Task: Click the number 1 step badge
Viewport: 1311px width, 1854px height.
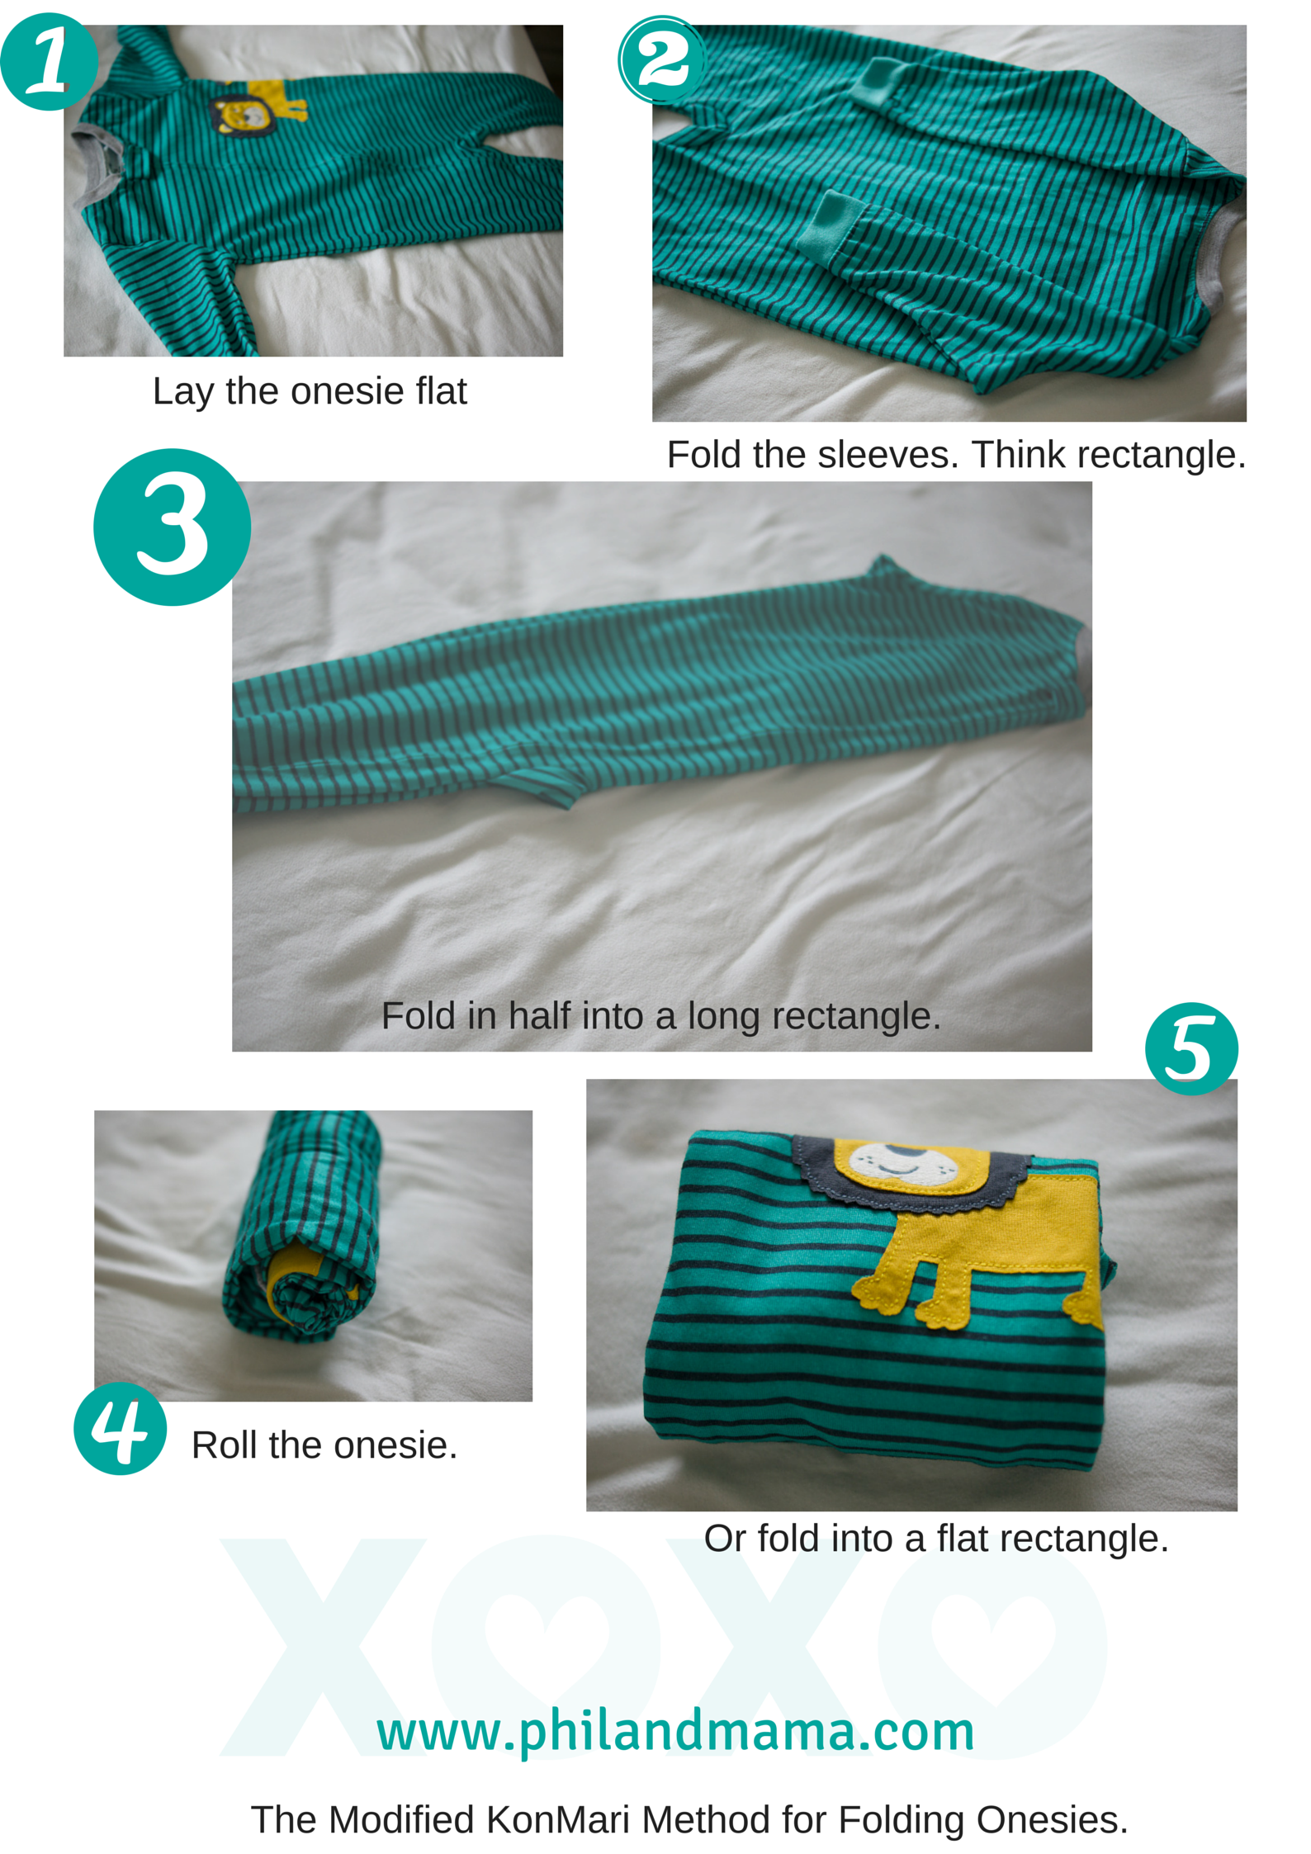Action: [49, 62]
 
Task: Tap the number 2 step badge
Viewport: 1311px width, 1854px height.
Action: [662, 59]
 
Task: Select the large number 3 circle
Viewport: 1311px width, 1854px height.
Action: [172, 527]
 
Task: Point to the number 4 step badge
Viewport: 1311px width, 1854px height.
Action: [121, 1428]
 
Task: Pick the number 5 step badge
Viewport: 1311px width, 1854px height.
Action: [1191, 1048]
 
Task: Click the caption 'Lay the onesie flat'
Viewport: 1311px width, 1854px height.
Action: [310, 391]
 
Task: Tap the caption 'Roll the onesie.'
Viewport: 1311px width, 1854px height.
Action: [324, 1445]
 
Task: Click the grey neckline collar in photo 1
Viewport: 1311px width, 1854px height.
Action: [97, 169]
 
